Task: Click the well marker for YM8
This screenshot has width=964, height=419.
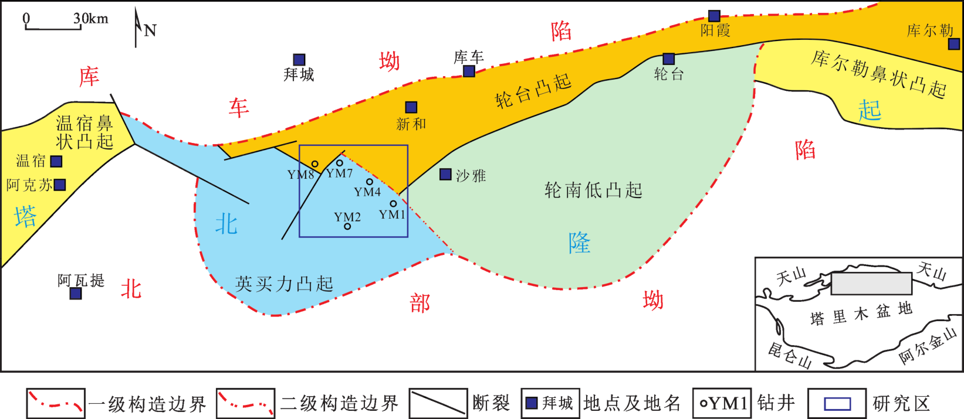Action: (314, 163)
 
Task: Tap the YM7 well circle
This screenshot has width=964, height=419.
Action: (340, 163)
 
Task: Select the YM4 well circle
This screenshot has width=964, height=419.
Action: (369, 182)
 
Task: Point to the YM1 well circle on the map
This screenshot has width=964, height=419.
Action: (393, 204)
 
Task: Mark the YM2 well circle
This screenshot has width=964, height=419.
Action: (347, 226)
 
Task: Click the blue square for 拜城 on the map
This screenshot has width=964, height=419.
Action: (299, 60)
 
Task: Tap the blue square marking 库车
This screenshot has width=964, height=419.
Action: (469, 71)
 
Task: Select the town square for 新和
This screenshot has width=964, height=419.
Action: (411, 107)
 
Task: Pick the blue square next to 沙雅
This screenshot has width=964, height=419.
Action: (445, 174)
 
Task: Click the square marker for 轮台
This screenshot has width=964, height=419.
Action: (669, 59)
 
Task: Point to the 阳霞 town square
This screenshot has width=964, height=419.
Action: (715, 16)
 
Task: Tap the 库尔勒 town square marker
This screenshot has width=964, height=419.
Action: (954, 44)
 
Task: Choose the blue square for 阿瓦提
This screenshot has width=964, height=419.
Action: (76, 294)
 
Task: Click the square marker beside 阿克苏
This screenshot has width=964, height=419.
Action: (60, 185)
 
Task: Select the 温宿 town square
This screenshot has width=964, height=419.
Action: (56, 161)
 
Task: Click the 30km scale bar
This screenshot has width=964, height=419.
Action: (53, 28)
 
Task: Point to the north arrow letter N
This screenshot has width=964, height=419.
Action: (150, 30)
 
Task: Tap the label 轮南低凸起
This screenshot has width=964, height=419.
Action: (593, 190)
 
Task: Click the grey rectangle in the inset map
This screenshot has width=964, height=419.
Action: (871, 284)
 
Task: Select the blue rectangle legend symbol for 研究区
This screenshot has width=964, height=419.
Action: (837, 404)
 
